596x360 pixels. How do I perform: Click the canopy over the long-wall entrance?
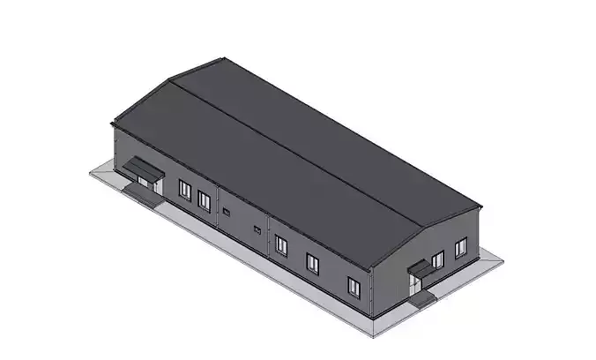pyautogui.click(x=141, y=168)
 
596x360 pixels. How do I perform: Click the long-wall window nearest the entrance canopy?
pyautogui.click(x=185, y=190)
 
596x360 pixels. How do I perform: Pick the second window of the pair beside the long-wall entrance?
pyautogui.click(x=205, y=200)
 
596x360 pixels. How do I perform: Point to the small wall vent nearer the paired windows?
pyautogui.click(x=227, y=212)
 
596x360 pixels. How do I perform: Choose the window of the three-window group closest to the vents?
pyautogui.click(x=280, y=244)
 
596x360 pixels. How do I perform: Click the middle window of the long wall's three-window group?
pyautogui.click(x=312, y=262)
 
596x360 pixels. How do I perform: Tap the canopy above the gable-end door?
pyautogui.click(x=422, y=269)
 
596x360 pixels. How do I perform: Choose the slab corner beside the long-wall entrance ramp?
pyautogui.click(x=91, y=173)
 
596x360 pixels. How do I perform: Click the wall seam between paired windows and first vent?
pyautogui.click(x=217, y=210)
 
